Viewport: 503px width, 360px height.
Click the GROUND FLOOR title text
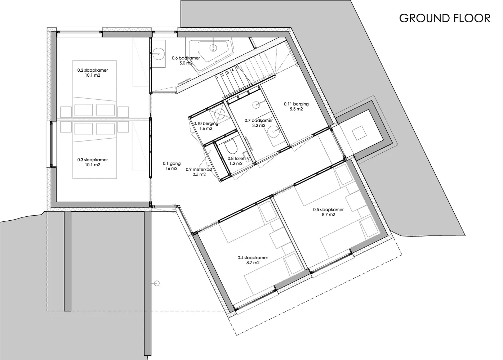445,18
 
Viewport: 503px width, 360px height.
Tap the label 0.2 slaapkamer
93,70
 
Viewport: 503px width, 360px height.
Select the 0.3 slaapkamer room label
93,160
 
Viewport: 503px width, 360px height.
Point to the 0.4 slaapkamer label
253,258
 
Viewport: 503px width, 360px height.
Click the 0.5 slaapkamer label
328,210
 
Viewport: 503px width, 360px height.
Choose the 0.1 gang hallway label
172,163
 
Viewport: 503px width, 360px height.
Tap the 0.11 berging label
296,104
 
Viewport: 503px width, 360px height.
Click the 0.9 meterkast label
199,170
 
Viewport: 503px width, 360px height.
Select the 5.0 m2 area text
186,63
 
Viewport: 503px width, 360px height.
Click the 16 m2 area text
172,168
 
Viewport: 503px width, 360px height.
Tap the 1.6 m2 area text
206,129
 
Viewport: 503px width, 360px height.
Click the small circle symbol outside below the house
157,283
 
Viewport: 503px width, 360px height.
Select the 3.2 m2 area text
259,125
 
